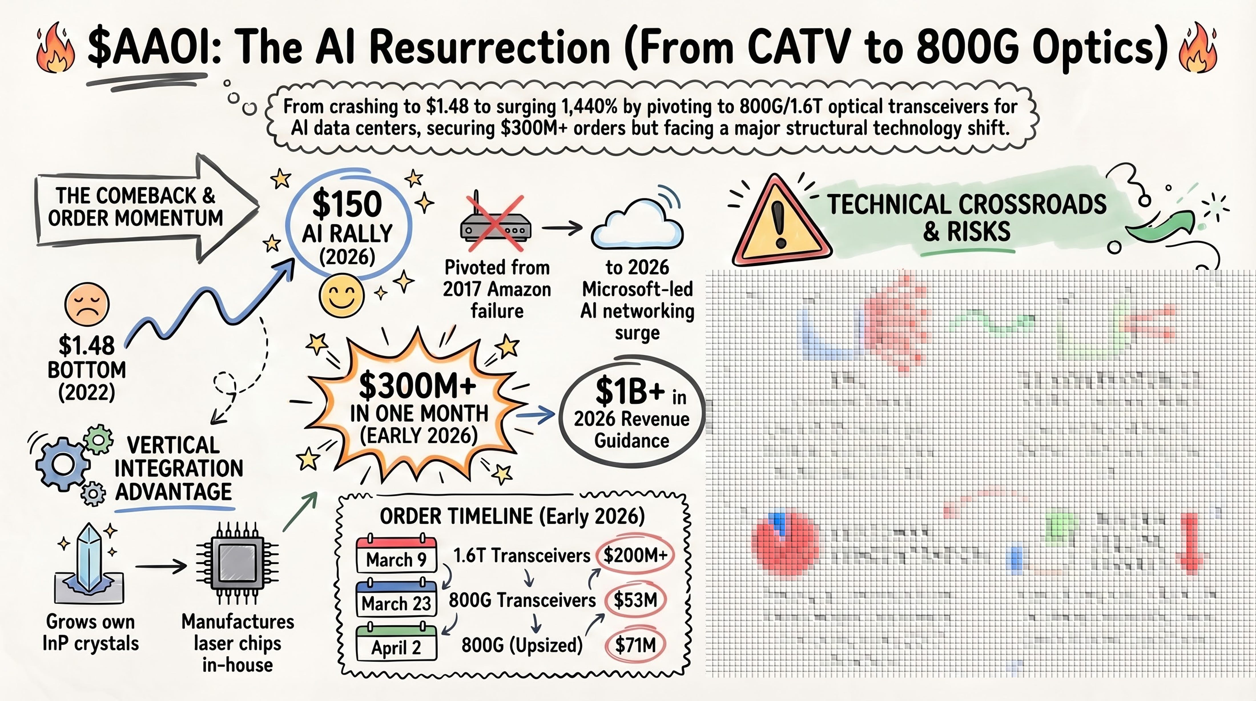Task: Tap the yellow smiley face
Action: (x=341, y=295)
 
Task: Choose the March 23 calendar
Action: (x=396, y=599)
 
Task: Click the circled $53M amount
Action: (x=635, y=600)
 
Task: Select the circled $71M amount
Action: (x=635, y=645)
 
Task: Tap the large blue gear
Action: (x=63, y=464)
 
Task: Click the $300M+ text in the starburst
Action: (x=418, y=386)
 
